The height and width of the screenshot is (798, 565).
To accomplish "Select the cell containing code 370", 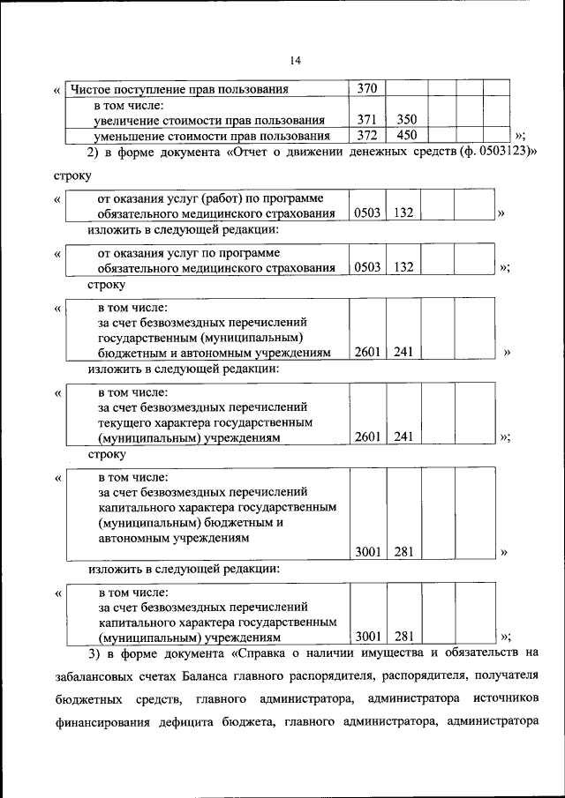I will click(367, 88).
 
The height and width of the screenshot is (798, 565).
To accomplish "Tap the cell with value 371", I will click(367, 120).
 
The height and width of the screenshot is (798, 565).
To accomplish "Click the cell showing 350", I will click(406, 120).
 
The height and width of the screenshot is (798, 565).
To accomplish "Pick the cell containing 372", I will click(367, 136).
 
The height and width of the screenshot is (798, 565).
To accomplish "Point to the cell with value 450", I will click(406, 136).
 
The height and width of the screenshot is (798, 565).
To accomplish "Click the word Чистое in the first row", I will click(91, 89).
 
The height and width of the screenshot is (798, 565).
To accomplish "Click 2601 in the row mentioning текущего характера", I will click(367, 436).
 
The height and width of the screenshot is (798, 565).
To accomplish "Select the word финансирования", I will click(98, 722).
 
